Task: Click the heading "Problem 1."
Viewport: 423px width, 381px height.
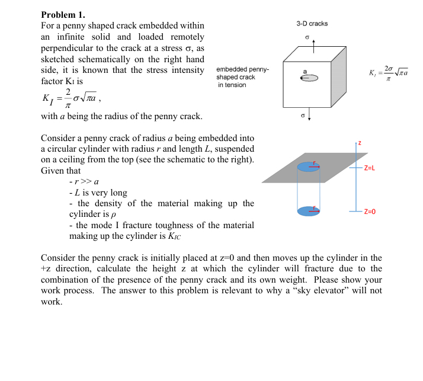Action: click(x=63, y=15)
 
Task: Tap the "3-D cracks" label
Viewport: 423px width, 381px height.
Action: click(x=312, y=24)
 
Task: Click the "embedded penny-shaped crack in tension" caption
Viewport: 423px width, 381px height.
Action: click(x=243, y=77)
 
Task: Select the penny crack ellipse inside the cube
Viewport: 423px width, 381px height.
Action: click(x=311, y=78)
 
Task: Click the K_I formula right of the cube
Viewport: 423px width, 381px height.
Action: click(x=388, y=73)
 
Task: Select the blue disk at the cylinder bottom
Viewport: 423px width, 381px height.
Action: click(x=309, y=211)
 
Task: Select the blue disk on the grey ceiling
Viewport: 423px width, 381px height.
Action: click(x=309, y=167)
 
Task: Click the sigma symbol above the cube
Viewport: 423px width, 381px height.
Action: click(x=307, y=36)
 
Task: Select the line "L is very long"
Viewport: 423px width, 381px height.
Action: click(x=98, y=193)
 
